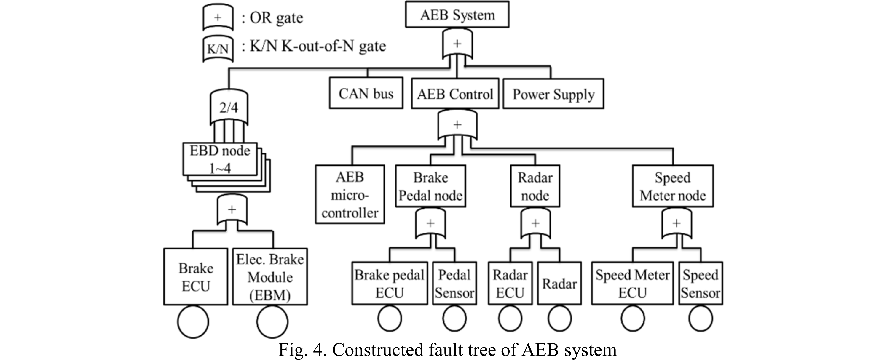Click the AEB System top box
457,15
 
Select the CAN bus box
366,93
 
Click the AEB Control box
455,94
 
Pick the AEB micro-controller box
350,194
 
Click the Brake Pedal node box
430,186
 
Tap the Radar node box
535,186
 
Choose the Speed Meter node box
672,186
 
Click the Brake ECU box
196,277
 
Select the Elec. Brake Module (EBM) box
270,277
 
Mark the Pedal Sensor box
454,283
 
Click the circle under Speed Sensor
700,318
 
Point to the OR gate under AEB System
457,44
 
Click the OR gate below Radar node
535,224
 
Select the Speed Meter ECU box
632,283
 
